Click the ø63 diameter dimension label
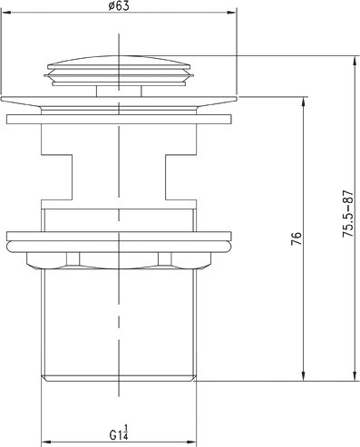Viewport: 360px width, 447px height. (x=118, y=5)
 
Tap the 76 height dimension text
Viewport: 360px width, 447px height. (x=297, y=238)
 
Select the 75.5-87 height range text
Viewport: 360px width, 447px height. (x=347, y=213)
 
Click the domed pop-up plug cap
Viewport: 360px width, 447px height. (x=119, y=71)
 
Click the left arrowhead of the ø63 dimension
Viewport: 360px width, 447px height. (x=6, y=13)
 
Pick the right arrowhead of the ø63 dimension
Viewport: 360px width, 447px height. (x=231, y=13)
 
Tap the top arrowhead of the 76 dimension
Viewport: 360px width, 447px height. (x=303, y=102)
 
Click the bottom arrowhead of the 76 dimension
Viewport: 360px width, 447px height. (x=303, y=376)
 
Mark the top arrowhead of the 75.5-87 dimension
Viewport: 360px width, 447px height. (x=355, y=61)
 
